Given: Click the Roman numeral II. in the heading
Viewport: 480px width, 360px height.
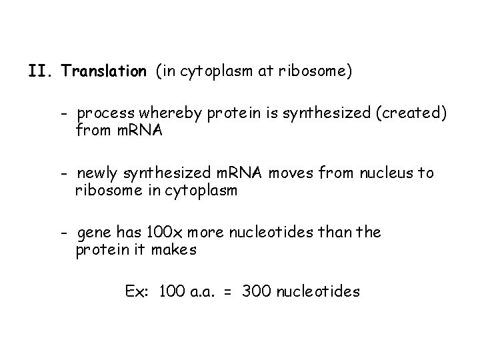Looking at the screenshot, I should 41,71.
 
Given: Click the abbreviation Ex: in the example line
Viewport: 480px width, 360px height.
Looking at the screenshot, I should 138,291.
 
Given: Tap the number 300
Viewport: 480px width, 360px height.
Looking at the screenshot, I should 257,291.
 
